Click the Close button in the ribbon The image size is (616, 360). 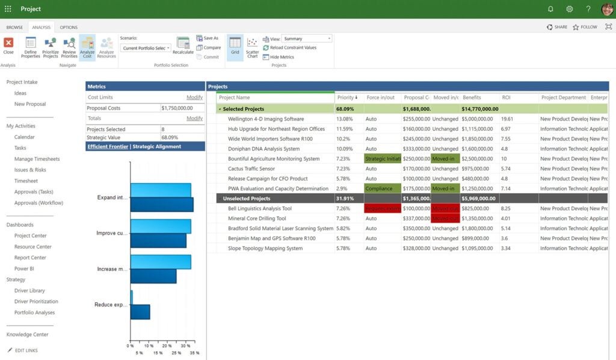[x=8, y=45]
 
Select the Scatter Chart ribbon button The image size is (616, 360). [x=253, y=46]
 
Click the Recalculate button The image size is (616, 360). [x=183, y=45]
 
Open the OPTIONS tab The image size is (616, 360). [x=69, y=27]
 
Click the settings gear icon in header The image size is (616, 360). [x=569, y=9]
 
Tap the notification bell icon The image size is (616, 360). [x=550, y=9]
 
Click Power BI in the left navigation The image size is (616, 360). [x=24, y=268]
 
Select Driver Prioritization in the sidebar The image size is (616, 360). [x=36, y=302]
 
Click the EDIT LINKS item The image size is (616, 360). [x=26, y=350]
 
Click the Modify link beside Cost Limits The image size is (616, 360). [x=194, y=97]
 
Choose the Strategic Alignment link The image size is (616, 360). [x=157, y=146]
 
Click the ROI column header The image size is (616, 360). [x=506, y=98]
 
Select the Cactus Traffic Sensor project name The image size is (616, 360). [x=251, y=169]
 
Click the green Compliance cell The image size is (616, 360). [x=382, y=188]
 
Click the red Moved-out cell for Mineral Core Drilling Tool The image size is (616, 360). [x=445, y=219]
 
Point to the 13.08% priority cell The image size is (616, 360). [x=345, y=119]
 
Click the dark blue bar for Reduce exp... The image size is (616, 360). [x=140, y=312]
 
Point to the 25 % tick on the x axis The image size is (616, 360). [x=176, y=352]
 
